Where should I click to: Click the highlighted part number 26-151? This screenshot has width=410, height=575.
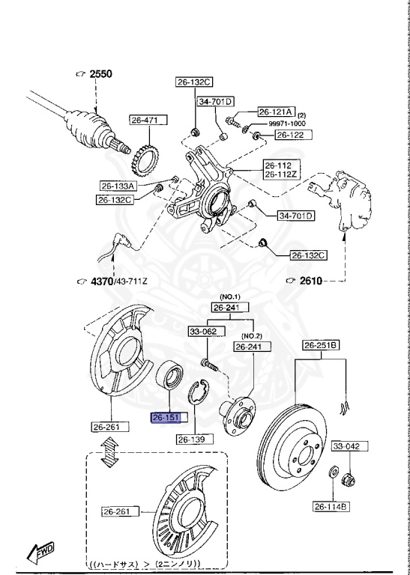click(166, 419)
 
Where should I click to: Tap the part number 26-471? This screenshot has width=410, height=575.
click(148, 119)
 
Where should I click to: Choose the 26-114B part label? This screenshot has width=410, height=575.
click(331, 507)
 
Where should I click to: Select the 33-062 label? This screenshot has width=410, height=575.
click(202, 330)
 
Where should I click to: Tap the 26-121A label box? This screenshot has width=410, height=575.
click(277, 110)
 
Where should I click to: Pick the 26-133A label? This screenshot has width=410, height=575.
click(118, 186)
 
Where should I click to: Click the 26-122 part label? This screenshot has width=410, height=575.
click(291, 135)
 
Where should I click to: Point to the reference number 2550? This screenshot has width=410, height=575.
click(100, 74)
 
